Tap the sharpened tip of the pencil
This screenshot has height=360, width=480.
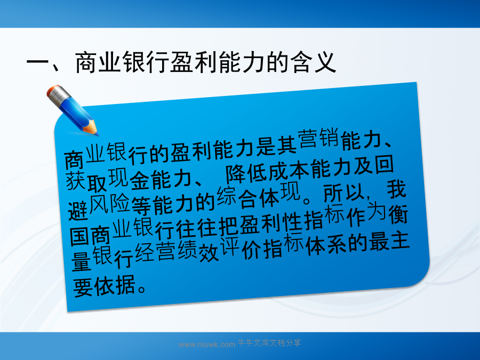97,134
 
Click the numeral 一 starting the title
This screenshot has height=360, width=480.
38,62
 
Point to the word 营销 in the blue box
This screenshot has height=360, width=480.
318,138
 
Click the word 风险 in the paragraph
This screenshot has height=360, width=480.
109,203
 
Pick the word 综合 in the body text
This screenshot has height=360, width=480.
237,197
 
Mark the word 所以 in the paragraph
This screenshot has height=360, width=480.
344,194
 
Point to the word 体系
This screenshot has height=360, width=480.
326,245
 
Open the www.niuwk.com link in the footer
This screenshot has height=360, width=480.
206,345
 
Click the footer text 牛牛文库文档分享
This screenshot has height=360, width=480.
269,343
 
